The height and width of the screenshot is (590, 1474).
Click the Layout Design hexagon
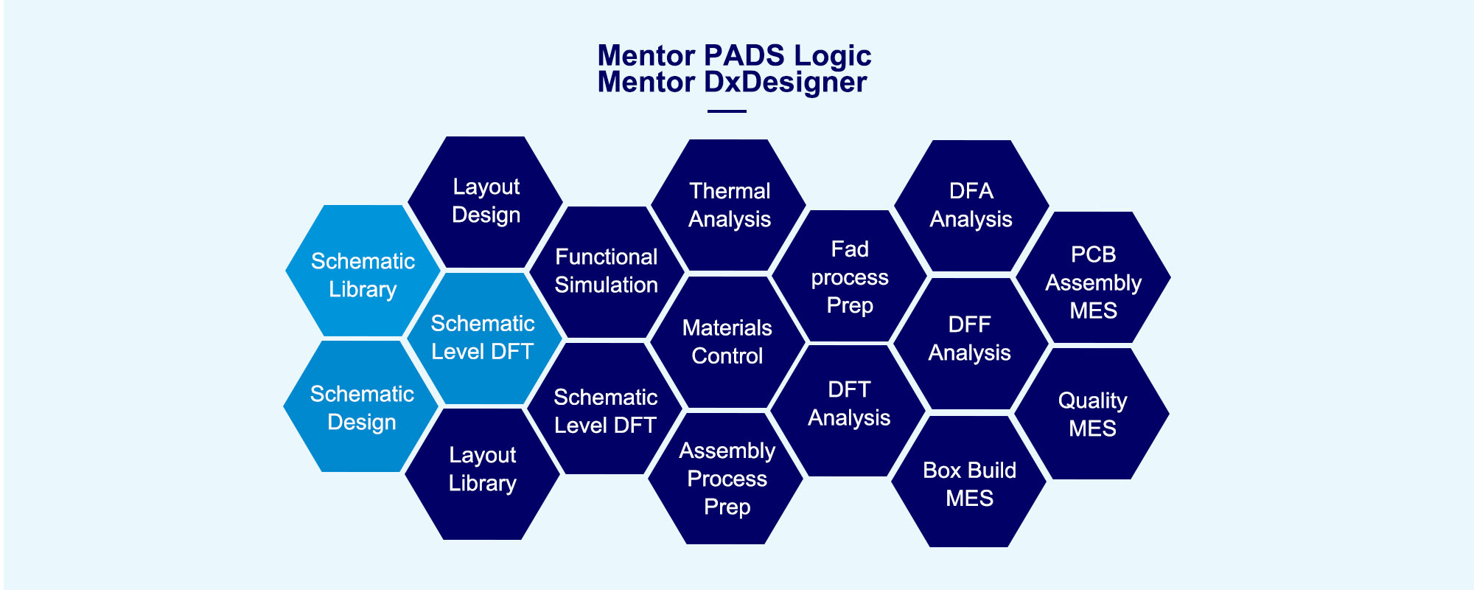coord(486,201)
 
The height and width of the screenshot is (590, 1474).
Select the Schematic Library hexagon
coord(363,271)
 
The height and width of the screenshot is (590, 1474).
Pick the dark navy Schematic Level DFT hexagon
coord(605,409)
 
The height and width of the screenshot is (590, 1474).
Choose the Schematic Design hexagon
coord(361,406)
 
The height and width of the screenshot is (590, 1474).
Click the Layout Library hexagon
coord(483,473)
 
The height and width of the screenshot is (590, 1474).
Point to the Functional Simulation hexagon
coord(607,271)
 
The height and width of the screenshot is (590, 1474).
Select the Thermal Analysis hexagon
coord(729,205)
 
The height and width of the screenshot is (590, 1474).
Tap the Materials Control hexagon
coord(727,341)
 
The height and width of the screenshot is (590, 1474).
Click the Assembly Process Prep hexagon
coord(727,478)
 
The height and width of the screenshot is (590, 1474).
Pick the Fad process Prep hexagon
coord(849,276)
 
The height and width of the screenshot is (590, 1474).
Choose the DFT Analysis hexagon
coord(848,410)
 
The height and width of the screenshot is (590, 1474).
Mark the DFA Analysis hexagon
coord(971,206)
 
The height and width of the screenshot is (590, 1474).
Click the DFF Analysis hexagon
coord(970,343)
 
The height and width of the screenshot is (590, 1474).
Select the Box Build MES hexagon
coord(969,481)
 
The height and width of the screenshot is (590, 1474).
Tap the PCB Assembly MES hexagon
coord(1093,277)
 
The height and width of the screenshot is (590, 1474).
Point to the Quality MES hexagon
coord(1091,414)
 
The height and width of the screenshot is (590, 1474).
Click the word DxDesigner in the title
coord(786,83)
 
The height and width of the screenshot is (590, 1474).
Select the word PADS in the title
coord(744,55)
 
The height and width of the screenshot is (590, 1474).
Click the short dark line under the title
coord(727,111)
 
